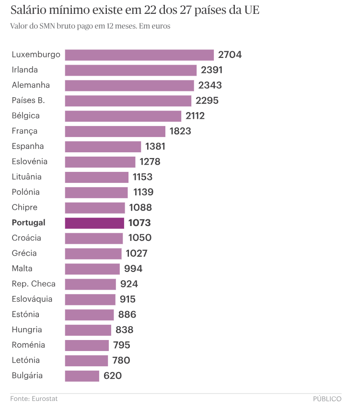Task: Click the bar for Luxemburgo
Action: pyautogui.click(x=139, y=55)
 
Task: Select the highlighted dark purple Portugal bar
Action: pyautogui.click(x=94, y=223)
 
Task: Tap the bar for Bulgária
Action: pyautogui.click(x=82, y=376)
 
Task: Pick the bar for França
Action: pyautogui.click(x=115, y=131)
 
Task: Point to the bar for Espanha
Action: pyautogui.click(x=103, y=147)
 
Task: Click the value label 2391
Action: pyautogui.click(x=212, y=70)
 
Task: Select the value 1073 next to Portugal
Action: pyautogui.click(x=139, y=223)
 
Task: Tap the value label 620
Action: pyautogui.click(x=113, y=376)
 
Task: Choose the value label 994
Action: pyautogui.click(x=133, y=269)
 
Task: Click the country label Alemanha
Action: pyautogui.click(x=31, y=85)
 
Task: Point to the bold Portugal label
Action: pyautogui.click(x=28, y=223)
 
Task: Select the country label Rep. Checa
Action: pyautogui.click(x=34, y=284)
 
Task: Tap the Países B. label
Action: pyautogui.click(x=32, y=101)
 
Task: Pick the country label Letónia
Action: pyautogui.click(x=26, y=361)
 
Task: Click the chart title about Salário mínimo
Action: pyautogui.click(x=135, y=11)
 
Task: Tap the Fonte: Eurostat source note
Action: pyautogui.click(x=30, y=398)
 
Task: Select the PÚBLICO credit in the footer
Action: pyautogui.click(x=327, y=398)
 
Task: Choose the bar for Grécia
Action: pyautogui.click(x=93, y=253)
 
